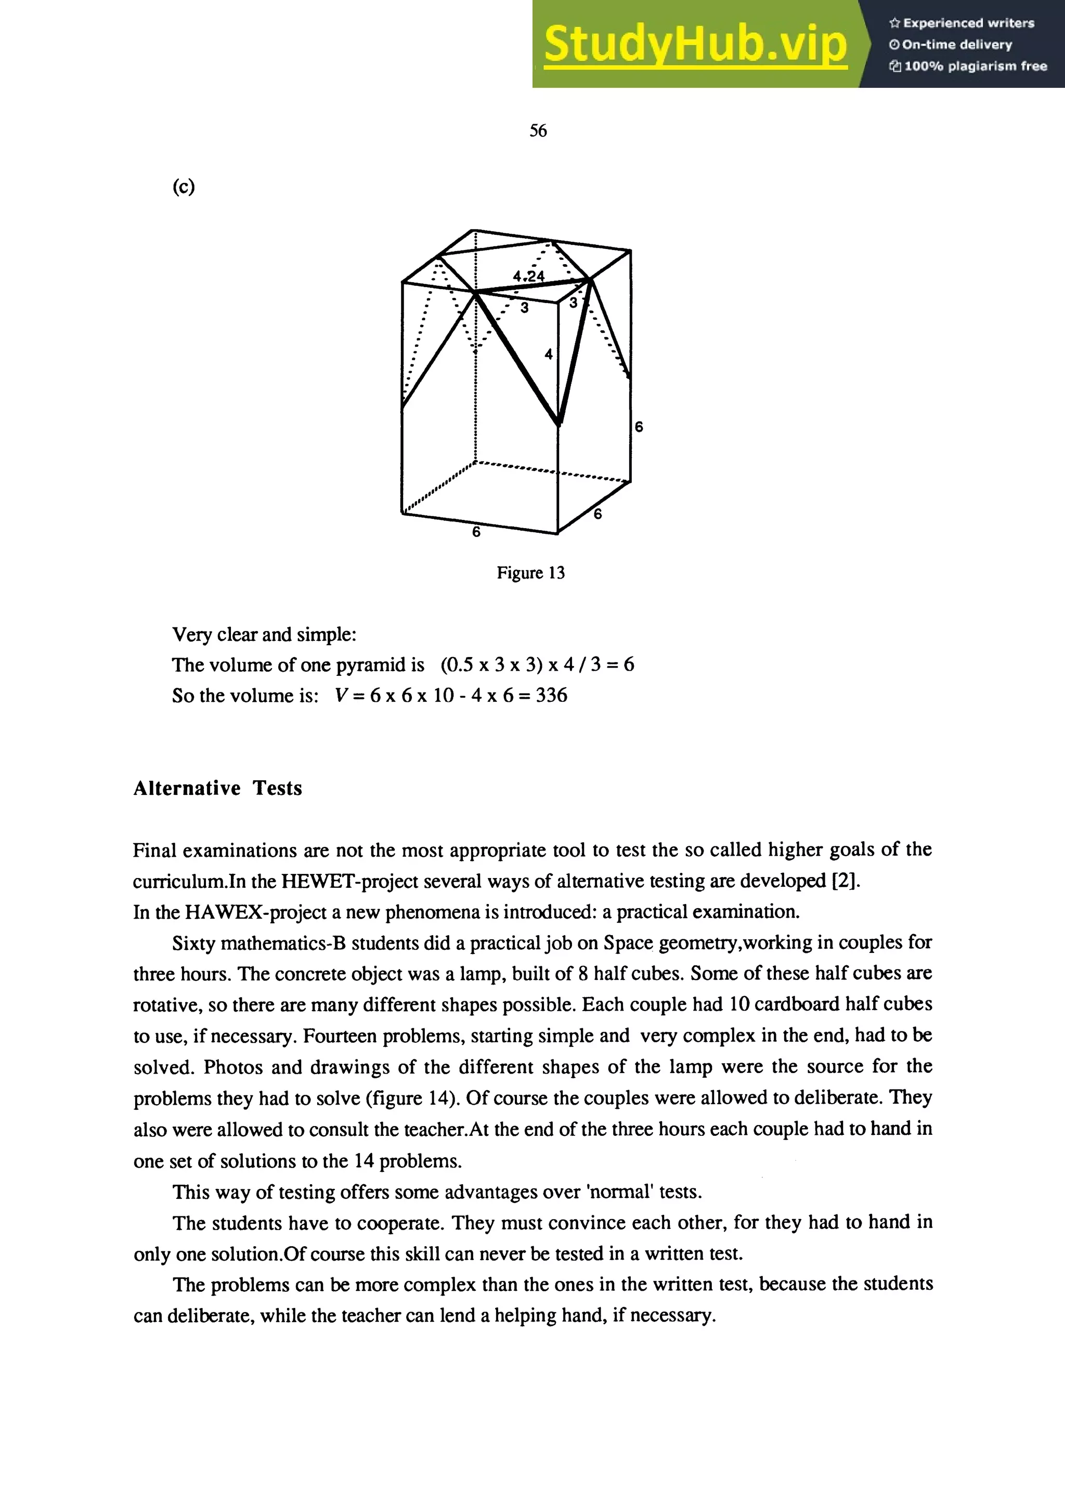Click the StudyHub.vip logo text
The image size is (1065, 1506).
pos(695,43)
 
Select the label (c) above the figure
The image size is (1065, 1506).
pos(184,187)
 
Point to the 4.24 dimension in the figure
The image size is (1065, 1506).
pos(528,276)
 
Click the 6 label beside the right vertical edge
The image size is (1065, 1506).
pos(639,427)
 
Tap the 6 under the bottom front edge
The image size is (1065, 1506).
pos(476,532)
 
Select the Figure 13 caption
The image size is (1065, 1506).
pos(530,573)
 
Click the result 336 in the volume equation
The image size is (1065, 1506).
pos(551,695)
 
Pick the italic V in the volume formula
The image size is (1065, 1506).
pos(341,695)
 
